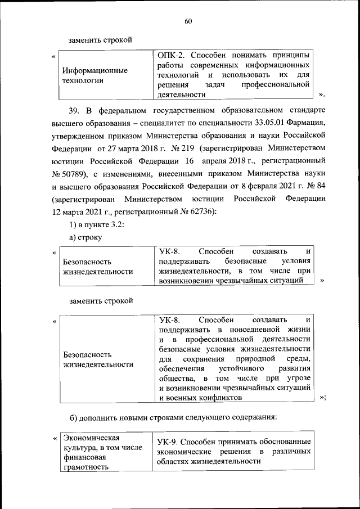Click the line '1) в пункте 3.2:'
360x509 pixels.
click(92, 224)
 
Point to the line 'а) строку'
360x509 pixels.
click(85, 238)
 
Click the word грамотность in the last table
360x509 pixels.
click(85, 482)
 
